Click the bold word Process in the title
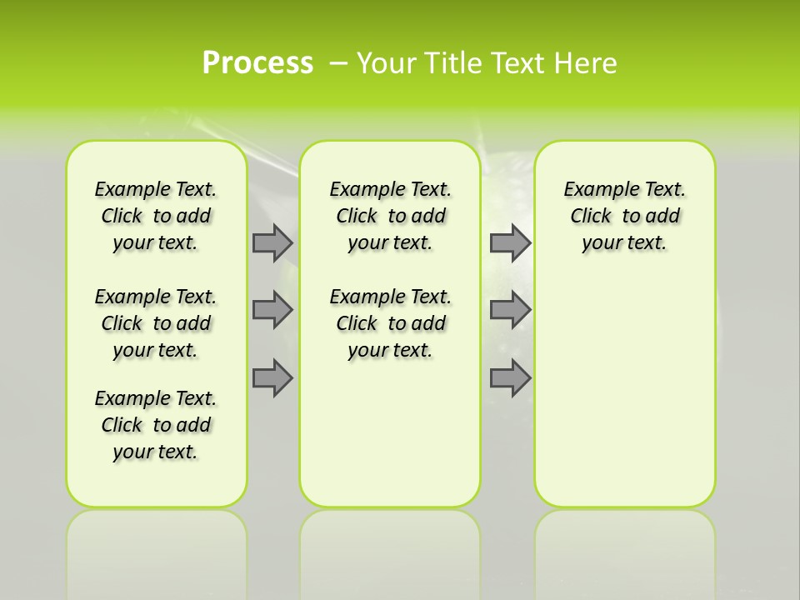(x=257, y=63)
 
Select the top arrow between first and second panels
(x=272, y=242)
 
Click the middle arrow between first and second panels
(x=272, y=310)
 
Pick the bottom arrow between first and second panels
(x=272, y=377)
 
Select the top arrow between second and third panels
(x=510, y=242)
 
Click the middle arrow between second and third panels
(x=510, y=310)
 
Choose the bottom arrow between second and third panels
(x=510, y=377)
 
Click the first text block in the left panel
(x=156, y=216)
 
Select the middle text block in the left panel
(x=156, y=323)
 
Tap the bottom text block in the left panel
(x=156, y=425)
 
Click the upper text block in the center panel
(x=390, y=216)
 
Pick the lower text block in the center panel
(x=390, y=323)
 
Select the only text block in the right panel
(x=624, y=216)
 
